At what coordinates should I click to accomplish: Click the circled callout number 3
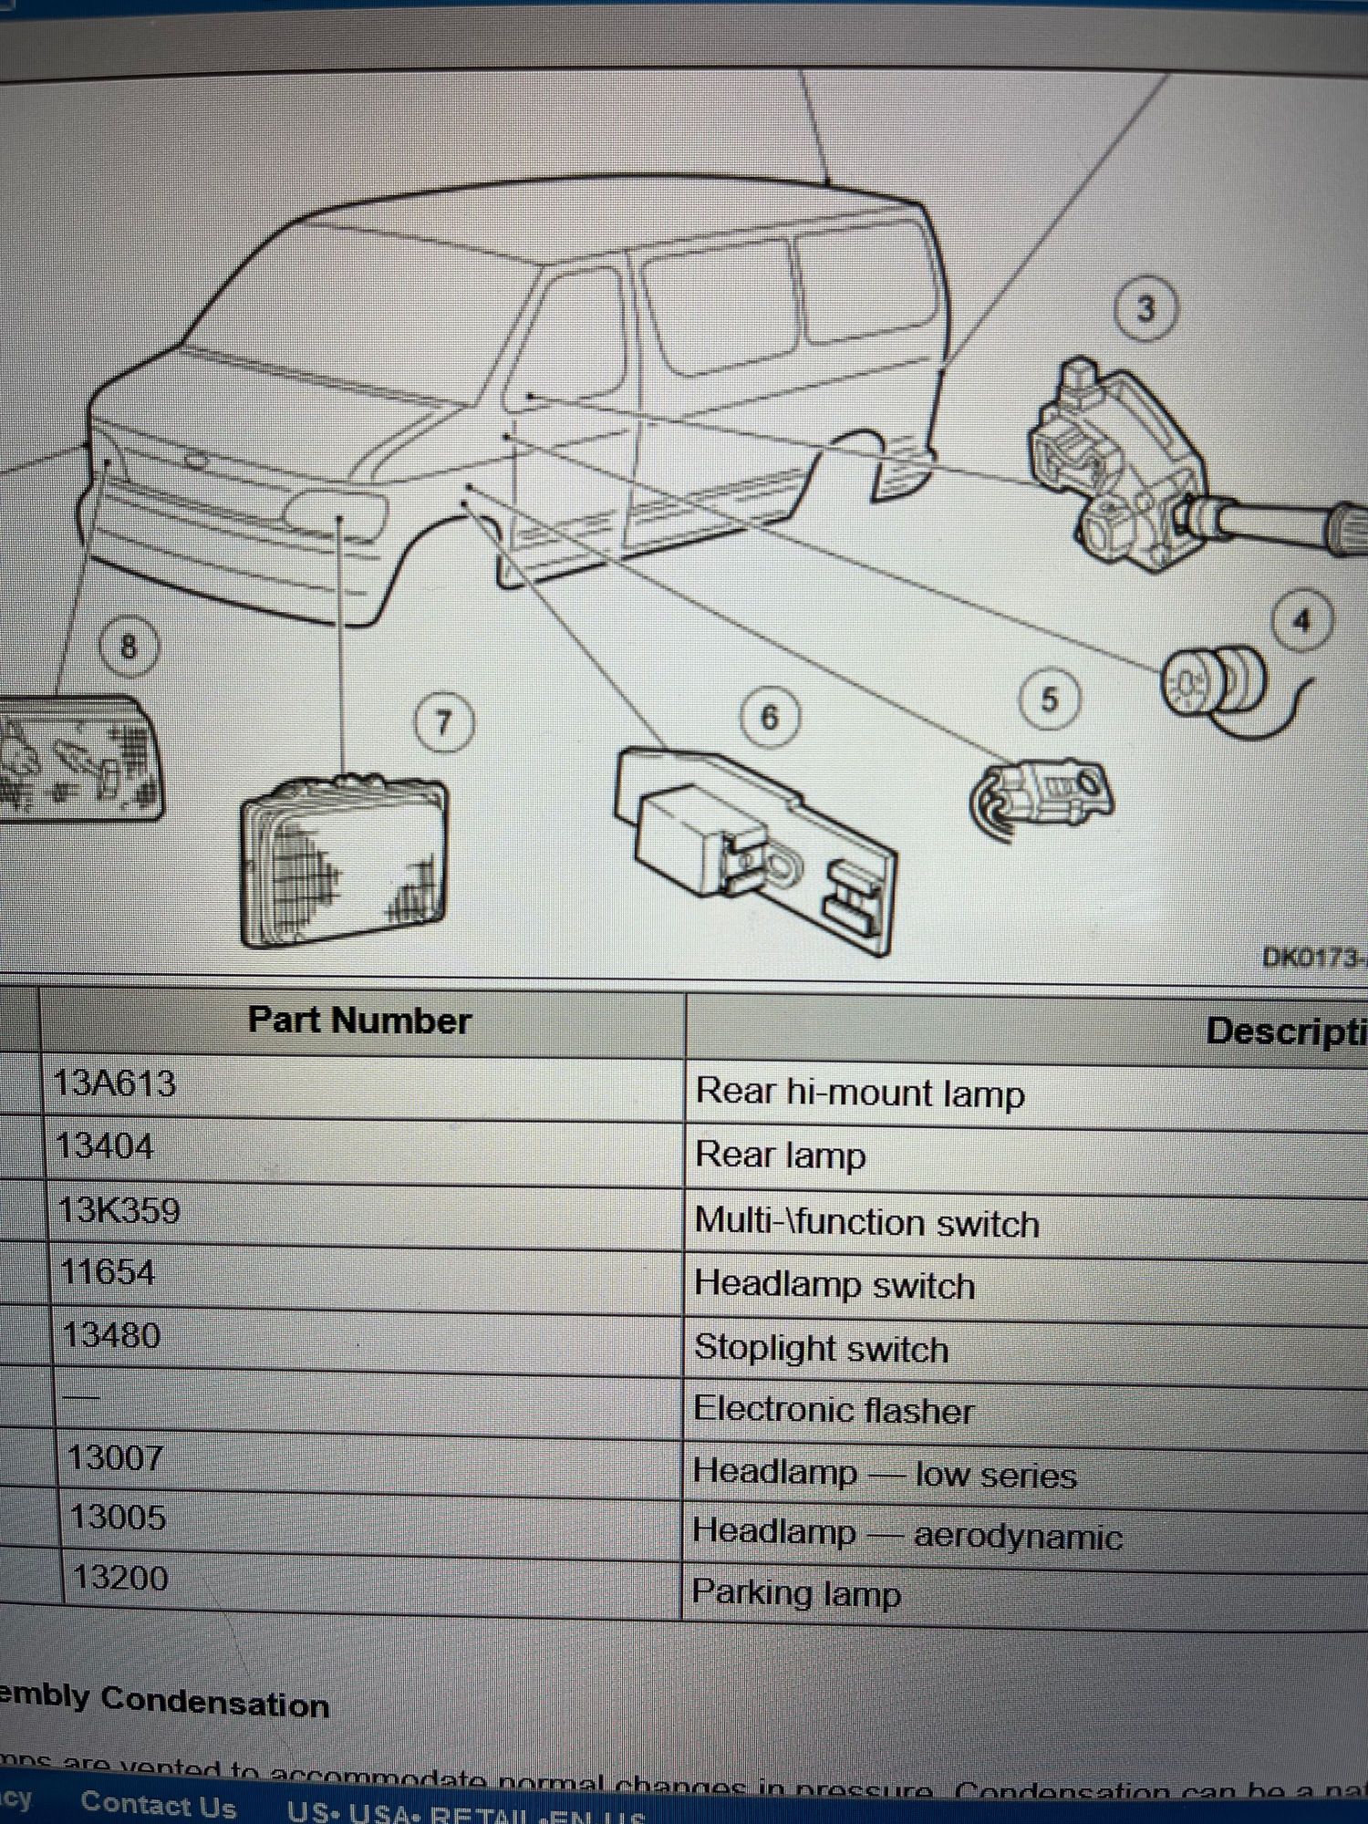(x=1145, y=309)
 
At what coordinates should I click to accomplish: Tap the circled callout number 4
(x=1301, y=622)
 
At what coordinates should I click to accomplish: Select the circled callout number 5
(x=1049, y=700)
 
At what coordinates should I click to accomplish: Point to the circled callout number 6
(x=770, y=718)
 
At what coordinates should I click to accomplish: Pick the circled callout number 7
(x=444, y=723)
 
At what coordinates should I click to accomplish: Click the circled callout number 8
(x=129, y=647)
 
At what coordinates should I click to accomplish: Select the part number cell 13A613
(x=115, y=1084)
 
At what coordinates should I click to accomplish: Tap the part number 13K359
(x=119, y=1211)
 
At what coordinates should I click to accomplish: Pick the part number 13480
(x=112, y=1336)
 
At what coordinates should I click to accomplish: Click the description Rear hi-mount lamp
(x=859, y=1093)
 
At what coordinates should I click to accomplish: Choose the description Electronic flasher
(x=834, y=1411)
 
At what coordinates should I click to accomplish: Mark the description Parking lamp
(x=796, y=1593)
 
